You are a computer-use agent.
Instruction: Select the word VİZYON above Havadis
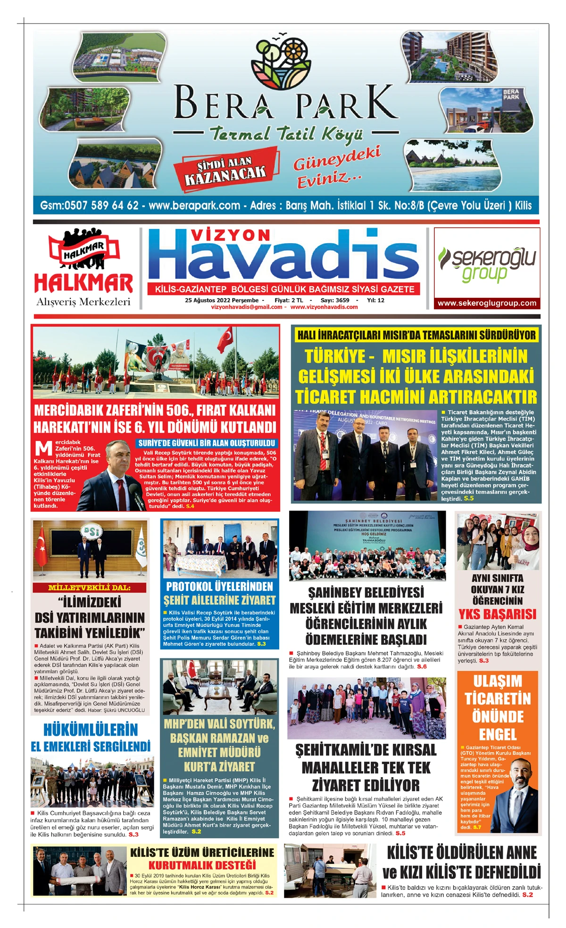point(231,235)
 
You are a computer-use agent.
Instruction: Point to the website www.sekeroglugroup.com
point(487,303)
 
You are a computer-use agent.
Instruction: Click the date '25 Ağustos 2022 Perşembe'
point(222,300)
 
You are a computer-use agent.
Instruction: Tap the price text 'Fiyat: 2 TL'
point(289,300)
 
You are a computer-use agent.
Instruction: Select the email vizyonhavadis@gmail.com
point(246,307)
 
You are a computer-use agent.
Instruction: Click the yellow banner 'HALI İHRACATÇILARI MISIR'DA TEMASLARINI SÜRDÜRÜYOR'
point(416,336)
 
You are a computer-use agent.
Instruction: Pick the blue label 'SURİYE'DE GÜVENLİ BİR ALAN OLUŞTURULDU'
point(207,443)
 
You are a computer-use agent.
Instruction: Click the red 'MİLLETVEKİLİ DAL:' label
point(90,588)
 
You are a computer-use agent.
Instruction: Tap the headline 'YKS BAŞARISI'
point(498,614)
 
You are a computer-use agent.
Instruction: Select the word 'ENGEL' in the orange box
point(498,735)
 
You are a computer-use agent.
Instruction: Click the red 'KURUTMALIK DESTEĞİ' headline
point(202,865)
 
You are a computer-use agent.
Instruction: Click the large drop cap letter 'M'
point(44,448)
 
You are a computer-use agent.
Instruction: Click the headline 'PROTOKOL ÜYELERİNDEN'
point(219,586)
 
